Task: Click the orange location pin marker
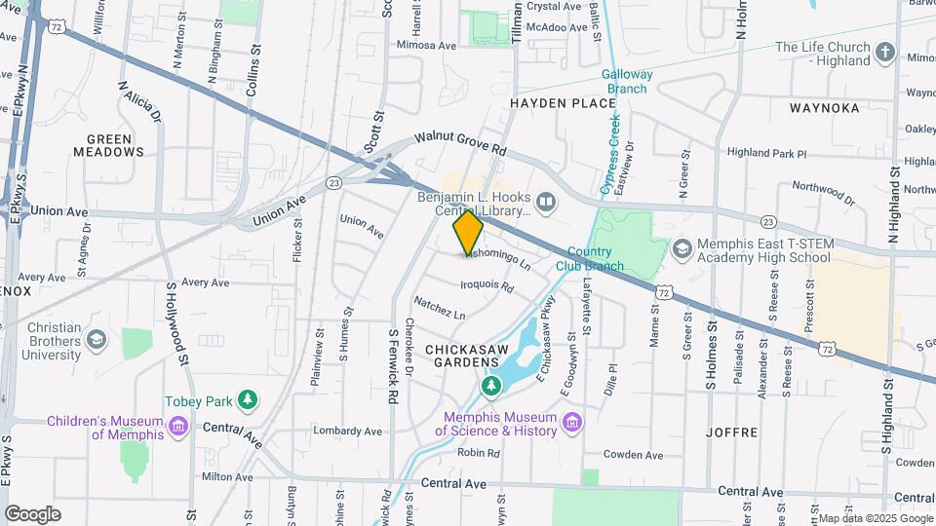click(468, 232)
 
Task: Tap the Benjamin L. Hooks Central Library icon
click(546, 204)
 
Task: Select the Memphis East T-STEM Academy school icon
click(682, 251)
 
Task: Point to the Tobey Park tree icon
click(249, 399)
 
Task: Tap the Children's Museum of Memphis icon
click(176, 427)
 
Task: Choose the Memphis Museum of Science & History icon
click(572, 423)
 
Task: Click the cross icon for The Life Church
click(885, 53)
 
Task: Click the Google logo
click(32, 513)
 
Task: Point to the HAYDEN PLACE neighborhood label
click(550, 102)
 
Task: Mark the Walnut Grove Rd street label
click(461, 145)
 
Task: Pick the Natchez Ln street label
click(439, 308)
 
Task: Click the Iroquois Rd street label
click(487, 285)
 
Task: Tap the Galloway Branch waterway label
click(624, 81)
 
